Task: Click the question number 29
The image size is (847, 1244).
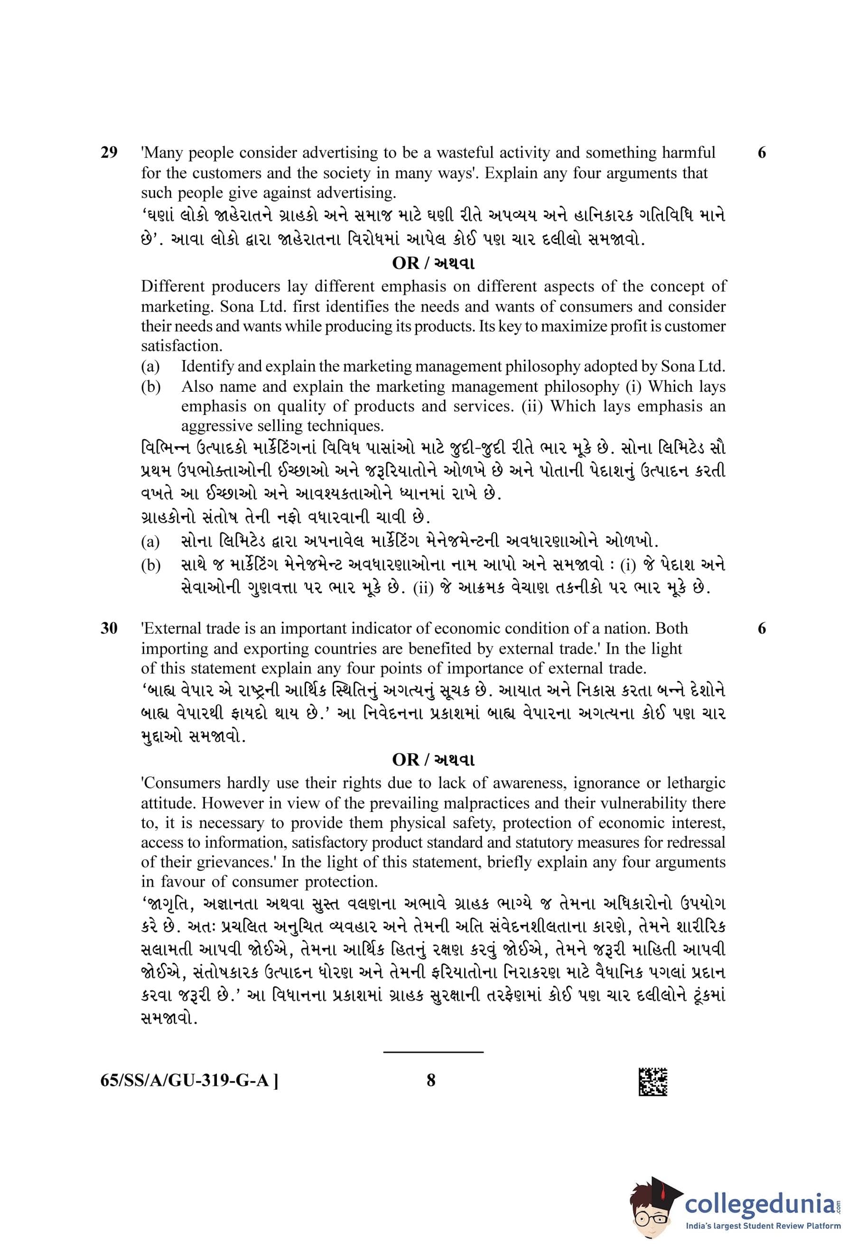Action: [109, 153]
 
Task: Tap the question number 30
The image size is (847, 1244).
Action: [109, 628]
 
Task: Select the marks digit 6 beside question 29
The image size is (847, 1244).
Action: [762, 153]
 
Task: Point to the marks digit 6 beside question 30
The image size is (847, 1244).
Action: [762, 628]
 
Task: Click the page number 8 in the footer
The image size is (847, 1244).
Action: [431, 1080]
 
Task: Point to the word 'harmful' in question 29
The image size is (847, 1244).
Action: [688, 153]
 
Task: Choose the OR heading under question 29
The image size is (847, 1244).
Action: [433, 263]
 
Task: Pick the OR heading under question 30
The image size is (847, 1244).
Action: [433, 760]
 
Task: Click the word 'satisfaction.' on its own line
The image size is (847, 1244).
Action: [181, 346]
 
